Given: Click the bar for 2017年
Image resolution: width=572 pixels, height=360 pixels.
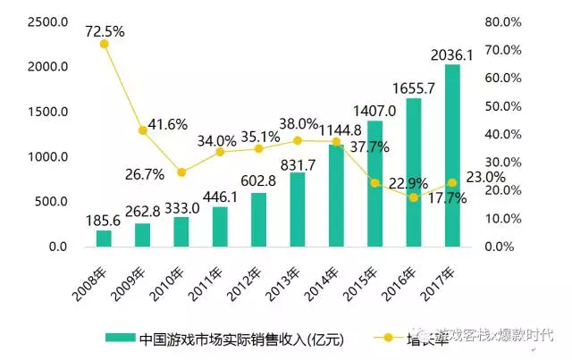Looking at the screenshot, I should pos(452,155).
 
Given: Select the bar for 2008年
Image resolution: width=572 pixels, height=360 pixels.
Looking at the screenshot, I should pos(104,239).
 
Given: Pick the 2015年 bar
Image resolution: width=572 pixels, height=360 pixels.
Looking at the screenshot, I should pos(375,184).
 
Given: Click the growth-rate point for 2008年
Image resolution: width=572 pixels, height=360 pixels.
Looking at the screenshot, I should pos(104,44).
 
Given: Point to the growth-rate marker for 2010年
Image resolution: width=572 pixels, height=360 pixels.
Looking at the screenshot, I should pos(181,172).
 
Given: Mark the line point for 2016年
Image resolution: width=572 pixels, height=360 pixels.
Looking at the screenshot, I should pos(414,197).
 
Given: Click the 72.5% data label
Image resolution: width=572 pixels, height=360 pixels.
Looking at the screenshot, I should pos(105,30).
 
